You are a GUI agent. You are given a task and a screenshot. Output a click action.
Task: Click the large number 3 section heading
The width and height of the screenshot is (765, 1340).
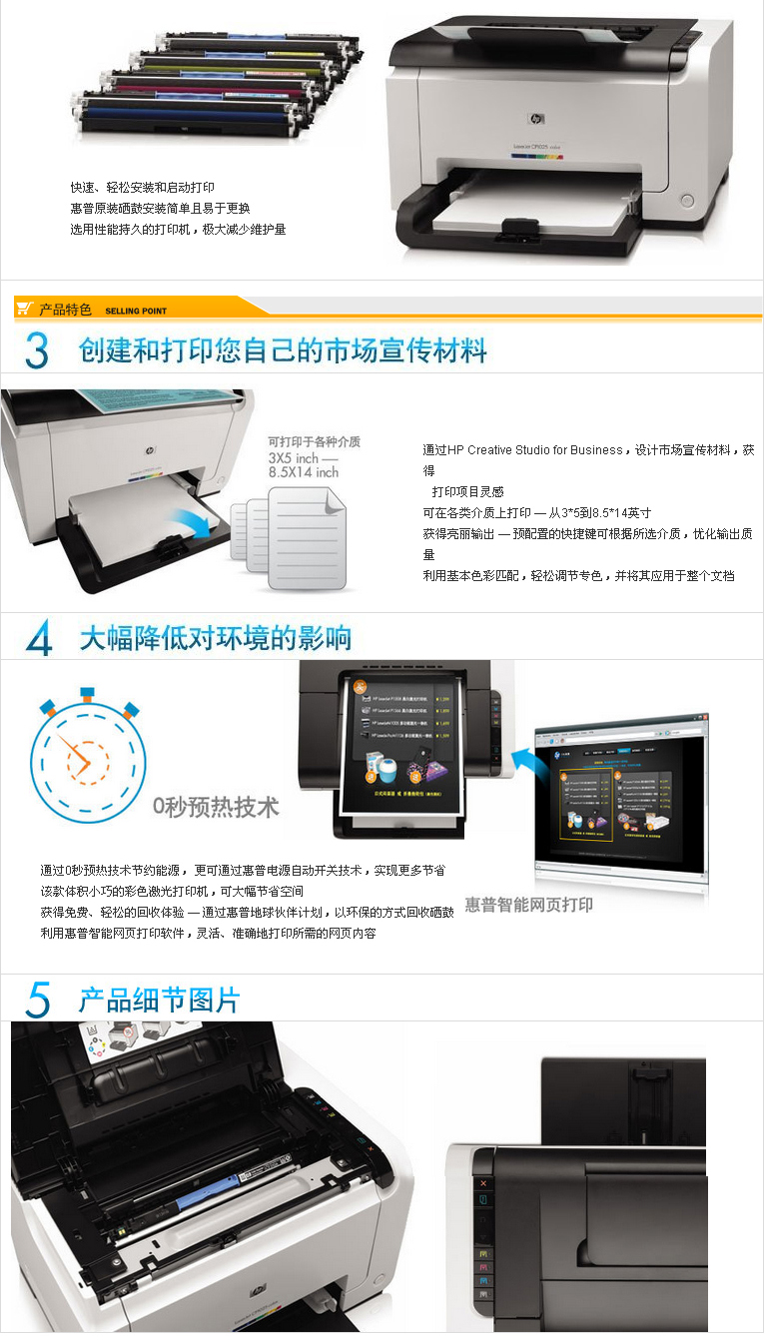[x=37, y=350]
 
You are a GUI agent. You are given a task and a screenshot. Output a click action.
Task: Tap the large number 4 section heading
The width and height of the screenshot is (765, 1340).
[x=38, y=638]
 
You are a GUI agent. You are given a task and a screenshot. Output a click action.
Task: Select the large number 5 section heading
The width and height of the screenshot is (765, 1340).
[x=38, y=1000]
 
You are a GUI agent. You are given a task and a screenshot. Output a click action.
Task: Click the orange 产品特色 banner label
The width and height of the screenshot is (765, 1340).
[x=65, y=310]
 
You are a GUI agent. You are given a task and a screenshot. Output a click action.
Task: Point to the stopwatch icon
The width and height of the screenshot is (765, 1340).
[x=86, y=760]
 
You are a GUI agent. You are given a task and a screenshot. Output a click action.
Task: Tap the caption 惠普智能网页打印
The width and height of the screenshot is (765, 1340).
[x=528, y=905]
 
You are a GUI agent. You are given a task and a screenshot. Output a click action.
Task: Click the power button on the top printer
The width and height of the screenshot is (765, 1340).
[x=687, y=200]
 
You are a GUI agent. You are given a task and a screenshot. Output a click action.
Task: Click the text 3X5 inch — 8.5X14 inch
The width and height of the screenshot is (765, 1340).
[x=304, y=464]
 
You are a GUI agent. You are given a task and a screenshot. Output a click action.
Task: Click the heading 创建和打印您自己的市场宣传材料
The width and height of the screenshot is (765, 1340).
[x=283, y=350]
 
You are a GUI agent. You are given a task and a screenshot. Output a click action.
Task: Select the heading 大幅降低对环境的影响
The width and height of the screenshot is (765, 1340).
[x=216, y=638]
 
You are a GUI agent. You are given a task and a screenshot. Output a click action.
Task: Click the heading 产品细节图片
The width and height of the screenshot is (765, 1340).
[x=160, y=1000]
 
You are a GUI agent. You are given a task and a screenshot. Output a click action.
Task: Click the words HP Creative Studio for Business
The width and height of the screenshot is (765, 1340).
[x=535, y=450]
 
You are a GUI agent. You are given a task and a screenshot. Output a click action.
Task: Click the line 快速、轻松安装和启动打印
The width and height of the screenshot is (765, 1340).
[x=143, y=188]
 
